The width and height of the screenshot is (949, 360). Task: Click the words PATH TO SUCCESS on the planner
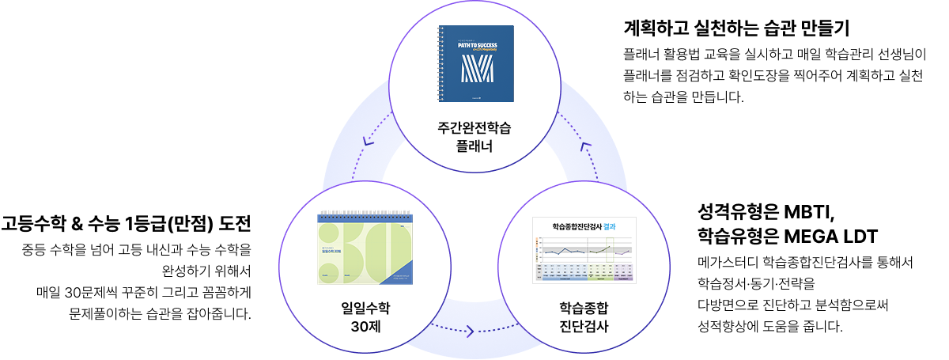[x=476, y=45]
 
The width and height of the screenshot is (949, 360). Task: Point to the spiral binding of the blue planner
[x=441, y=63]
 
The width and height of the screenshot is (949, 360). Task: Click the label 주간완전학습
[x=474, y=127]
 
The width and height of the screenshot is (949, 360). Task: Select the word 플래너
[x=474, y=146]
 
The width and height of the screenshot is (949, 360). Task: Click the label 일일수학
[x=365, y=308]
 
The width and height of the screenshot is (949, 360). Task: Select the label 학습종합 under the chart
[x=584, y=308]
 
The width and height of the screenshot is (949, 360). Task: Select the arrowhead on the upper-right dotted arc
[x=585, y=146]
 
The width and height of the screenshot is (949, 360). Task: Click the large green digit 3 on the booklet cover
[x=332, y=252]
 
